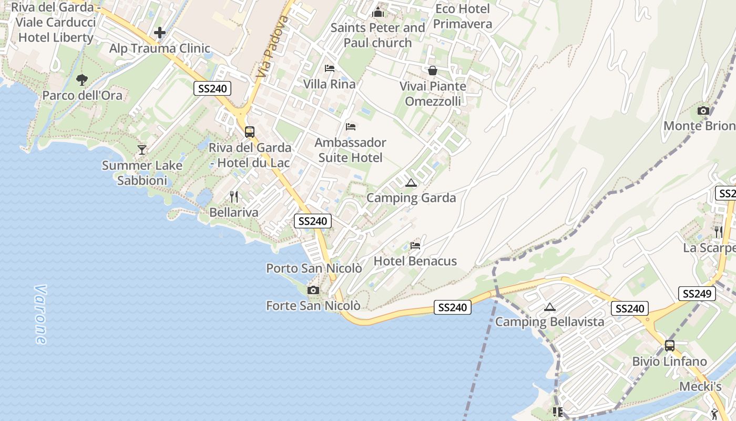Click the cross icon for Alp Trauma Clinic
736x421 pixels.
pos(160,33)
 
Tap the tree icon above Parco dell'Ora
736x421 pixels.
pos(82,80)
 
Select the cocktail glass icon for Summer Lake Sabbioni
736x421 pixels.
pos(142,150)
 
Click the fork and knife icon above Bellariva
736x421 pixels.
pos(234,197)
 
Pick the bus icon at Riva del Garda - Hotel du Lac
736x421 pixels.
pos(250,132)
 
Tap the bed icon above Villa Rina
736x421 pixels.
pos(330,68)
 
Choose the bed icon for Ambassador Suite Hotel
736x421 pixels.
pos(351,127)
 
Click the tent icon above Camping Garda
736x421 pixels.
pos(411,183)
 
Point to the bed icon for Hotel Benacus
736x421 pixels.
pos(415,245)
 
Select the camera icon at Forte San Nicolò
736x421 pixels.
pos(313,290)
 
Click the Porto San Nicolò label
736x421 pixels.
pos(314,268)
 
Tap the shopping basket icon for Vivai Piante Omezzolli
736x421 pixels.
pos(433,71)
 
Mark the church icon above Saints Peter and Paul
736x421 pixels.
pos(378,12)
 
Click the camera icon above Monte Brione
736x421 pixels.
pos(703,111)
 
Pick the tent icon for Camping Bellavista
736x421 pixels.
pos(550,307)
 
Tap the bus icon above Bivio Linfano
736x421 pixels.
pos(670,346)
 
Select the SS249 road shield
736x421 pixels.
pos(697,294)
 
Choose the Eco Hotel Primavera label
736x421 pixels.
pos(463,16)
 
